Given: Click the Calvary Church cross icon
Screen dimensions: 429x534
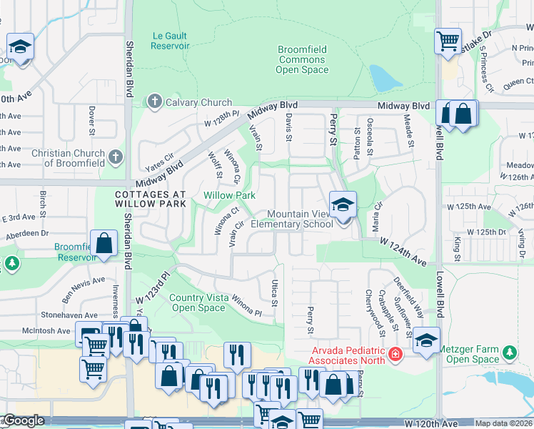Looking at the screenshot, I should [x=154, y=102].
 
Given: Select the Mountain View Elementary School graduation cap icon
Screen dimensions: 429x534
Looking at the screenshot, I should [x=343, y=204].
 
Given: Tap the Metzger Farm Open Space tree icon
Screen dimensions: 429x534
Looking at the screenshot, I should [x=510, y=352].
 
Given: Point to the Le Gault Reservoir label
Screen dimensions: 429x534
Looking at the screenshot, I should [x=170, y=39].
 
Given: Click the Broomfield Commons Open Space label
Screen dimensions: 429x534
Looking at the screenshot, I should [x=302, y=59].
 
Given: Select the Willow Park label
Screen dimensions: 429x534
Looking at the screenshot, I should [x=229, y=195].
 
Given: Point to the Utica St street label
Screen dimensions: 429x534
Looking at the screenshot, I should [x=273, y=292].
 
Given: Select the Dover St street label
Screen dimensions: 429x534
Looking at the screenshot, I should [x=92, y=121].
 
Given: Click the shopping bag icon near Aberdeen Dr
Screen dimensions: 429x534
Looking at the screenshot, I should [x=104, y=243].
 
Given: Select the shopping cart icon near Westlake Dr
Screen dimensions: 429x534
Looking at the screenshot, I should [x=448, y=41].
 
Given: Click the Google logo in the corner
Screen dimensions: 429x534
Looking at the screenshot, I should [x=24, y=421].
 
